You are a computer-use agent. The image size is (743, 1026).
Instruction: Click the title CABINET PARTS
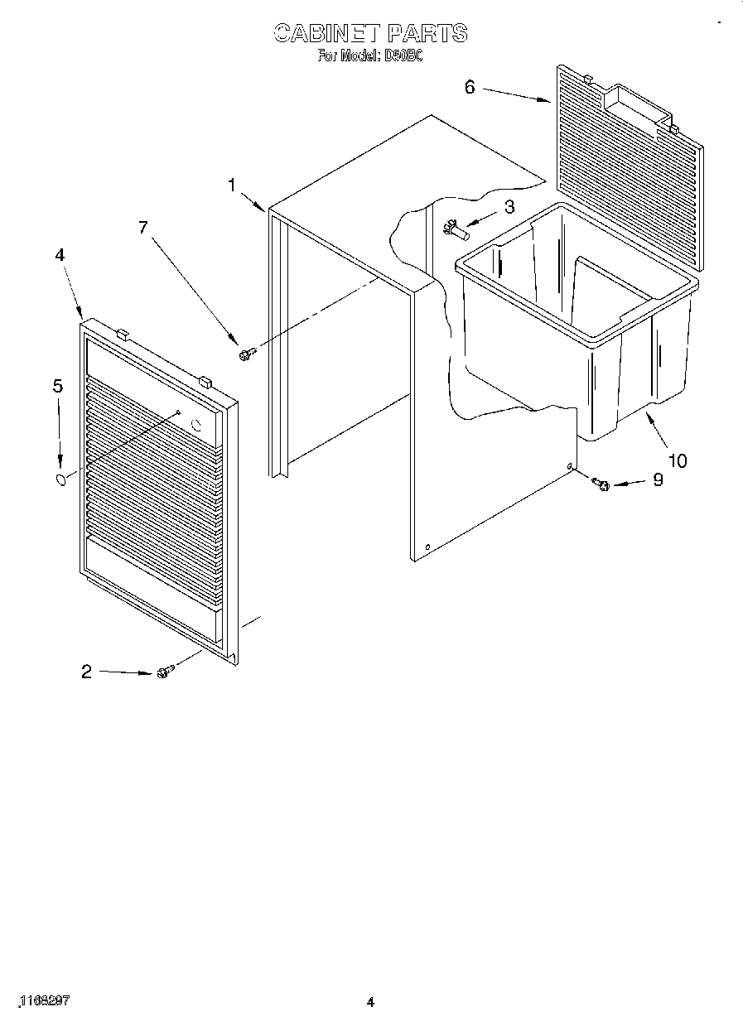tap(370, 33)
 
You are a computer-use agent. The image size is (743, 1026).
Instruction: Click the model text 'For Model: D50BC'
tap(370, 57)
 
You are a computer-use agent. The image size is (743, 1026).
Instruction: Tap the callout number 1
tap(234, 185)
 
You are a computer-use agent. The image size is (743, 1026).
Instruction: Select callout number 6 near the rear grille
tap(470, 85)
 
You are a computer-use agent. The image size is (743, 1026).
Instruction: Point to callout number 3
tap(509, 207)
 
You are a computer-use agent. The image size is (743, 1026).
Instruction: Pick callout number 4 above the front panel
tap(60, 255)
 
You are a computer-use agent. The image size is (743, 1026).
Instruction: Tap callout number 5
tap(57, 385)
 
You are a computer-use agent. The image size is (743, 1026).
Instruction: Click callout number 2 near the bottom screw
tap(86, 672)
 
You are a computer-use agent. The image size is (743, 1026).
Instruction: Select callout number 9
tap(658, 479)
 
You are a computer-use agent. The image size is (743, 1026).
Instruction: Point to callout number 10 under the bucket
tap(678, 460)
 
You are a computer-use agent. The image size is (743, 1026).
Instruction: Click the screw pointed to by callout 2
tap(163, 672)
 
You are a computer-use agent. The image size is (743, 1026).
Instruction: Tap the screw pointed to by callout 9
tap(602, 484)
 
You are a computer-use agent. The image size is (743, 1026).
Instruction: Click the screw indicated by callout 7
tap(245, 354)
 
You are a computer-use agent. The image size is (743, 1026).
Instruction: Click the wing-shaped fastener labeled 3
tap(455, 227)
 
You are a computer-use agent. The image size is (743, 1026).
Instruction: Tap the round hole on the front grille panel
tap(197, 426)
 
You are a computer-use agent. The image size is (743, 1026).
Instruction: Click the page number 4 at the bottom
tap(371, 1003)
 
